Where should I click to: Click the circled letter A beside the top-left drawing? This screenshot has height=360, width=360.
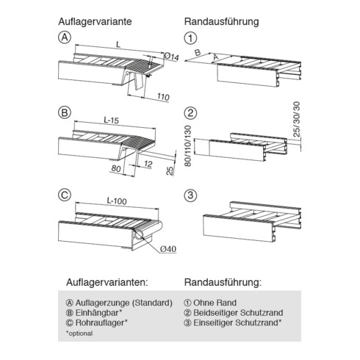[65, 37]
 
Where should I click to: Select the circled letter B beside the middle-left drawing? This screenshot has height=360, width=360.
[65, 112]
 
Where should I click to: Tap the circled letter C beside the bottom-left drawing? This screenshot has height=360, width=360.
[65, 195]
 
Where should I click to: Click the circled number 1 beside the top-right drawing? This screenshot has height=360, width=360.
[190, 38]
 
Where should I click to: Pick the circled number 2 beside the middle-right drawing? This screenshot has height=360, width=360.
[190, 113]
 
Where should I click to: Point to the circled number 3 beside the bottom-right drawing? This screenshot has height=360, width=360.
[190, 195]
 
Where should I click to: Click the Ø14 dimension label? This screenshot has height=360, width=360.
[172, 57]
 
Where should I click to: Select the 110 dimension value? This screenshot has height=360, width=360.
[163, 97]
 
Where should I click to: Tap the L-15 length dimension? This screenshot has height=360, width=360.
[112, 120]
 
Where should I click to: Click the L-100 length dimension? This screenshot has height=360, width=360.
[117, 201]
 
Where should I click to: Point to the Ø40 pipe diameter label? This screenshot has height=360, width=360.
[168, 249]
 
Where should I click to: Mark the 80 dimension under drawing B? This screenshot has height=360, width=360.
[116, 168]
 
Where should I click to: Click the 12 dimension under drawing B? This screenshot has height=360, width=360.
[148, 164]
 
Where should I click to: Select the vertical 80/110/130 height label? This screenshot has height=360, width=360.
[188, 146]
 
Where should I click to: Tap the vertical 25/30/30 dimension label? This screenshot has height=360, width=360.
[296, 119]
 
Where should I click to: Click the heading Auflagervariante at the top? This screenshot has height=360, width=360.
[95, 21]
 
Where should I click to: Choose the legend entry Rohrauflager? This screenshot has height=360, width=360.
[97, 323]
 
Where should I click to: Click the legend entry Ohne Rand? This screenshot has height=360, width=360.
[210, 303]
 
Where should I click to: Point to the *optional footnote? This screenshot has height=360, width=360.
[79, 334]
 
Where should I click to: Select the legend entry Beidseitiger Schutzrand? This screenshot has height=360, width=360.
[234, 313]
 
